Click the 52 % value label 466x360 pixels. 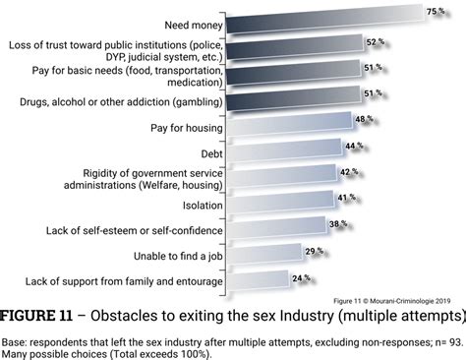coord(375,42)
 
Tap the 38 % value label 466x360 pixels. coord(337,223)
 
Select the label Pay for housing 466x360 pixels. coord(183,127)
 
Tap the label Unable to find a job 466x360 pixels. coord(169,257)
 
